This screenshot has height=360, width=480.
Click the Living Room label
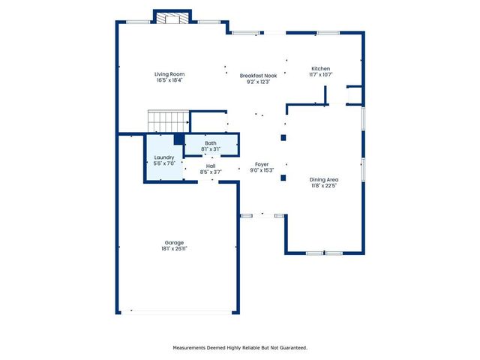click(169, 74)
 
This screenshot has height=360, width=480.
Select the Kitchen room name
click(320, 68)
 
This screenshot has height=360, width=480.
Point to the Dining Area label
click(324, 179)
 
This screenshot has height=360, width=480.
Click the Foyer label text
click(261, 163)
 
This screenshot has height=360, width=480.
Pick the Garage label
click(174, 242)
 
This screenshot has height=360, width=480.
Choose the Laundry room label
click(164, 157)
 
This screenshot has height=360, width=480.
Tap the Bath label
click(211, 142)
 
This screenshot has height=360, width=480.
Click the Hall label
click(211, 166)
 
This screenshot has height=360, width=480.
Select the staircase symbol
click(167, 121)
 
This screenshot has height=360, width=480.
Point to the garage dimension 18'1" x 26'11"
click(174, 248)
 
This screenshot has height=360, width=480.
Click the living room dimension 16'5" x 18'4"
click(169, 80)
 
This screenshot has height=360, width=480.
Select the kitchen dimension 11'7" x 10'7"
click(320, 74)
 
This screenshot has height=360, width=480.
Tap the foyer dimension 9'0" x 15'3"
click(261, 169)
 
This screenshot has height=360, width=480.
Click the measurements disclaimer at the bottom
click(240, 347)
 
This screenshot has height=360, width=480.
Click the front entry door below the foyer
click(262, 216)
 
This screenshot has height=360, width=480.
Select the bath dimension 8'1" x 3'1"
click(211, 148)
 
